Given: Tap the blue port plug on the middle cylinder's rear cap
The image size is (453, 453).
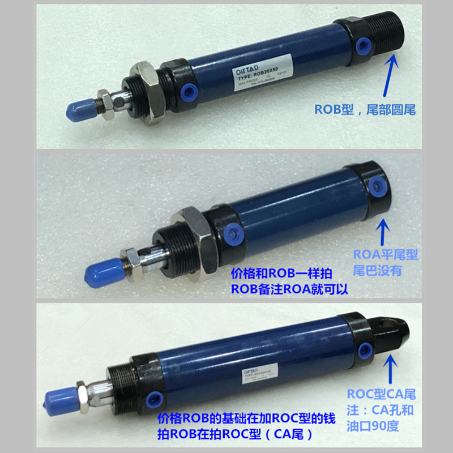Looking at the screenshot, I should (375, 185).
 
